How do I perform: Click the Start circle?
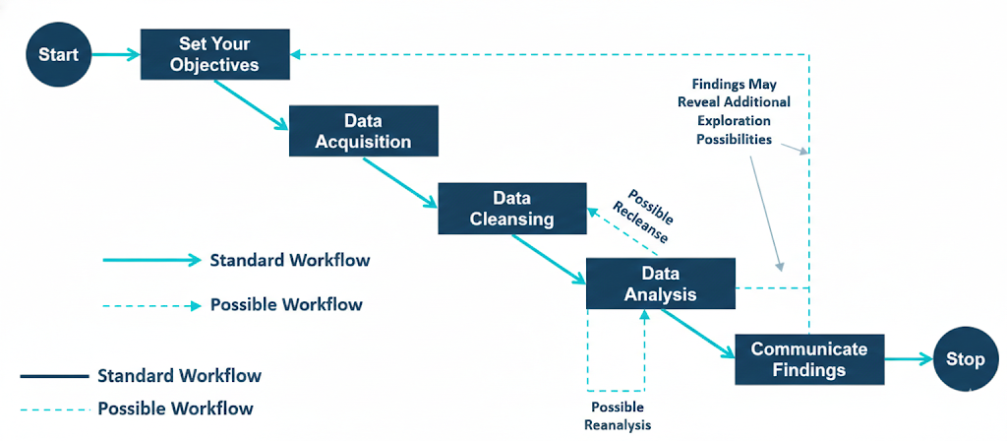point(58,54)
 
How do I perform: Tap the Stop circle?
point(965,359)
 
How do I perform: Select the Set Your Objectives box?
point(216,54)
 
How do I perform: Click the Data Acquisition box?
point(363,131)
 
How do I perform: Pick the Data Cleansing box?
point(511,208)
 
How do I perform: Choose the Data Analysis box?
point(660,283)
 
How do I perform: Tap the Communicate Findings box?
point(809,359)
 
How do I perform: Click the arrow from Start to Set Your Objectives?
point(116,54)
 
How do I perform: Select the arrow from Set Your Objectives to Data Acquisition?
point(251,105)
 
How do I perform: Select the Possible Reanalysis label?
point(617,416)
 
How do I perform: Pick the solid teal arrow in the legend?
point(150,261)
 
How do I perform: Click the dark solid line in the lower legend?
point(54,376)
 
